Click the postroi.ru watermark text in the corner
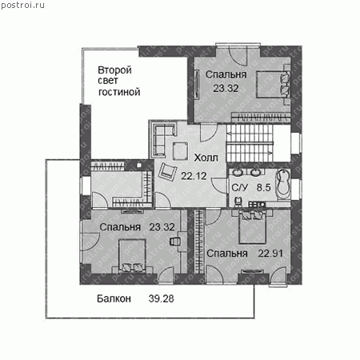point(22,5)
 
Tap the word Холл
point(206,158)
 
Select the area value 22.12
point(194,176)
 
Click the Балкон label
point(114,298)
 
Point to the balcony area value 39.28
point(161,298)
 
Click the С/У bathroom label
point(240,187)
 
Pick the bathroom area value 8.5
point(263,187)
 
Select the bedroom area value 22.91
point(270,253)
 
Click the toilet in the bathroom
point(238,202)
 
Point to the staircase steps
point(250,143)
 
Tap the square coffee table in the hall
point(180,151)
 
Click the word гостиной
point(119,92)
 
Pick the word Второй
point(114,70)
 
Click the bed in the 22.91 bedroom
point(252,226)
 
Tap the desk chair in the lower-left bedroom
point(175,242)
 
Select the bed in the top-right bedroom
point(273,84)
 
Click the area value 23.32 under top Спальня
point(226,88)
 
